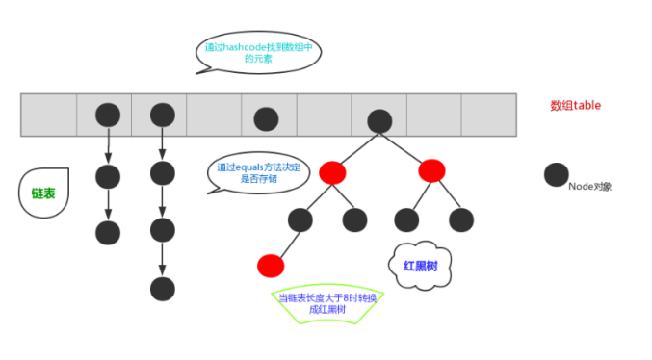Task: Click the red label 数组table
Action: tap(575, 105)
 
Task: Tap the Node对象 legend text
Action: tap(589, 186)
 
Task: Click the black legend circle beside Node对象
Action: tap(556, 174)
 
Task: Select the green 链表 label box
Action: tap(38, 193)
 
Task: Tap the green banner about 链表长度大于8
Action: tap(327, 303)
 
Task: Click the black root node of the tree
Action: tap(379, 119)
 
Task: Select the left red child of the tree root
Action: tap(332, 172)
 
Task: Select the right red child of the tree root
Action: tap(431, 170)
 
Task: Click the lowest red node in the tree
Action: tap(271, 265)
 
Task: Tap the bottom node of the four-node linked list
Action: tap(162, 288)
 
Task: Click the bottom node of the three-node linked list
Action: tap(108, 232)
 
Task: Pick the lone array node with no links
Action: tap(266, 118)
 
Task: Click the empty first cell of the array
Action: tap(48, 115)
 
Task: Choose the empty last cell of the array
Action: tap(489, 115)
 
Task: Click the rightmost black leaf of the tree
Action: tap(461, 219)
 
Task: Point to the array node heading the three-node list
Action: tap(108, 116)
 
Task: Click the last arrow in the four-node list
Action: tap(162, 259)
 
